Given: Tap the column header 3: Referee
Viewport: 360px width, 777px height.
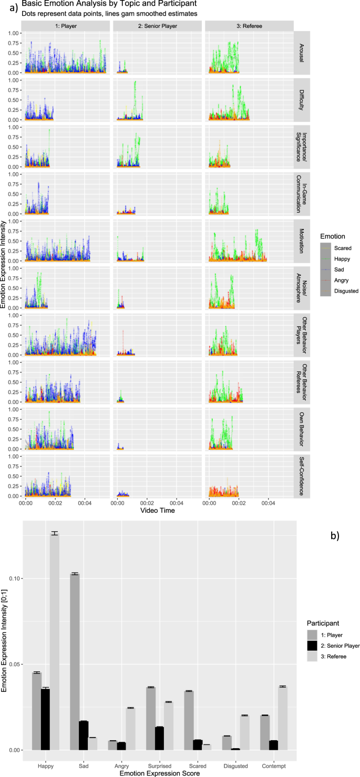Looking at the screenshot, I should click(x=249, y=25).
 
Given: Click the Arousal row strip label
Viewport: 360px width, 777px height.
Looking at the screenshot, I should click(x=301, y=51).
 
